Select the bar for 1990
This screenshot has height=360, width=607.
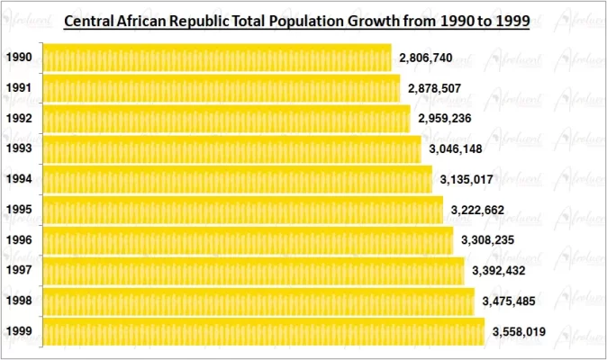coord(217,58)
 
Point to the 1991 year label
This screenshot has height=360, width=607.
coord(19,88)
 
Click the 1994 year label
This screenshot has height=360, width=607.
coord(19,179)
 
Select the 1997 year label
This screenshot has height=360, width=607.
coord(19,271)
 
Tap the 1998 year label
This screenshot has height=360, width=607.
coord(19,301)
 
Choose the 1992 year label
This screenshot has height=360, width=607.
coord(19,119)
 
